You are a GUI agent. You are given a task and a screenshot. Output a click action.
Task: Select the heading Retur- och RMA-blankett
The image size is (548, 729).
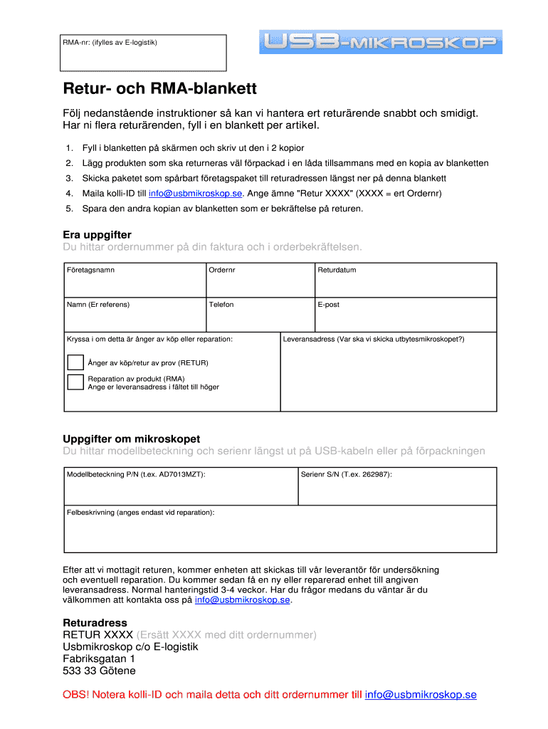(x=159, y=90)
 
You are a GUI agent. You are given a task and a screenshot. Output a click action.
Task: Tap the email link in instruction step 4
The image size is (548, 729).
(x=196, y=193)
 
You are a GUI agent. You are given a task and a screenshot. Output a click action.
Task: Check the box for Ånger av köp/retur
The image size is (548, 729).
(x=75, y=362)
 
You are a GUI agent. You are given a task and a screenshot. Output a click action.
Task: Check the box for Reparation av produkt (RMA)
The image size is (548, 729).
(x=75, y=382)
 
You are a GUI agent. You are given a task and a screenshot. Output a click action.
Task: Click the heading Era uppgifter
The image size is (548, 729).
(x=98, y=235)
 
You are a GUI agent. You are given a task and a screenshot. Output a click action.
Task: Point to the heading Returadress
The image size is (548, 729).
(x=95, y=622)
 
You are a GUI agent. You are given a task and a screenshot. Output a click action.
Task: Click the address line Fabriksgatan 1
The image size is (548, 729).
(x=99, y=659)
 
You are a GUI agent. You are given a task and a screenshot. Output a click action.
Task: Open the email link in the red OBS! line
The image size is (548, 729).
(x=421, y=695)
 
